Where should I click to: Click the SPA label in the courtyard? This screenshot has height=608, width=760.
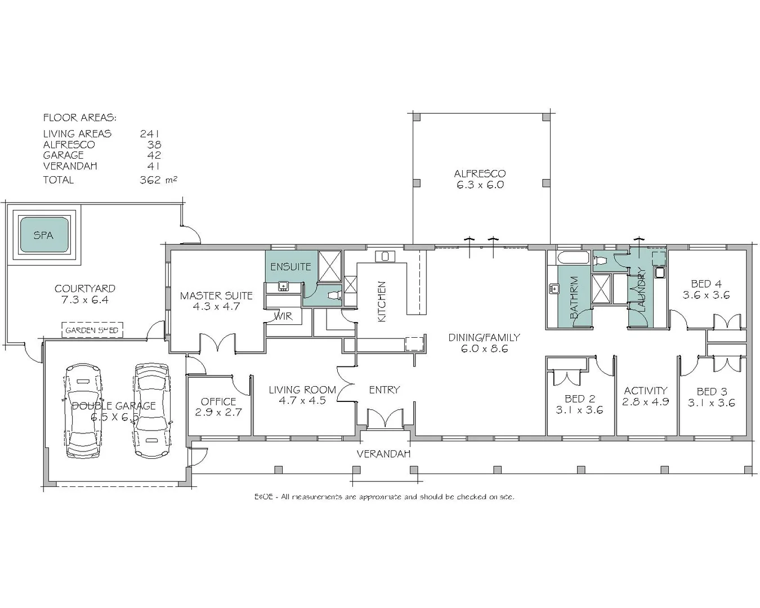point(43,235)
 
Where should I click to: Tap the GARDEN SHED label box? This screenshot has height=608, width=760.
point(92,330)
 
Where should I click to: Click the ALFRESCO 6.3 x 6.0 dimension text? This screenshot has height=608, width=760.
point(480,185)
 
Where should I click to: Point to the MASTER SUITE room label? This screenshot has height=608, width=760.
point(216,296)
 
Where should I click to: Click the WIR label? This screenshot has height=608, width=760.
point(283,316)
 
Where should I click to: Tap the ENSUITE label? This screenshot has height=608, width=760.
point(290,267)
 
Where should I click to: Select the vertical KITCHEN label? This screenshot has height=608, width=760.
point(382,301)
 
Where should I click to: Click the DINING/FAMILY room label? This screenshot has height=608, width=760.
point(484,338)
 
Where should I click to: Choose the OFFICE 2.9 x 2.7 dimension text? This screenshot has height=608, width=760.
point(218,413)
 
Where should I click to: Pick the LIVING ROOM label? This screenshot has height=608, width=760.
point(302,390)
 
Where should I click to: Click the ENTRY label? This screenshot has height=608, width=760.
point(385,390)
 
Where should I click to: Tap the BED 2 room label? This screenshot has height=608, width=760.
point(579,399)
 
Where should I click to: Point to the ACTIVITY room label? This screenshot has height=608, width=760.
point(645,391)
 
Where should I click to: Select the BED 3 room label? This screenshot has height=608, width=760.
point(712,392)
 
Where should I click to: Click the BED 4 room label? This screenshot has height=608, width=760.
point(706,284)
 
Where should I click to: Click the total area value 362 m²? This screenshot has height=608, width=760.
point(158,180)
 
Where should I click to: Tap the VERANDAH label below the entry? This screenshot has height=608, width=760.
point(383,454)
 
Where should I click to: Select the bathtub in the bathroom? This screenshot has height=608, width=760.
point(573,260)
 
